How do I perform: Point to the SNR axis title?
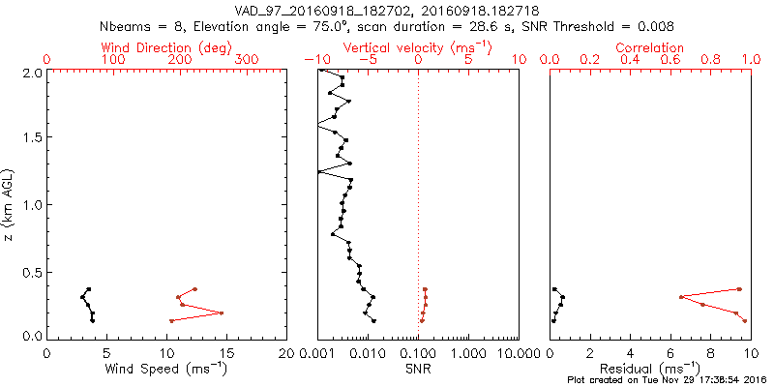click(x=418, y=369)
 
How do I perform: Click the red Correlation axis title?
click(x=650, y=47)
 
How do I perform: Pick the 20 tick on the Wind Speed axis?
click(x=285, y=352)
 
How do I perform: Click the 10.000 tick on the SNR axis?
click(x=519, y=352)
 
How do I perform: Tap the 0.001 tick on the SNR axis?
click(x=317, y=352)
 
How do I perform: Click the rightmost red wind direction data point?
click(x=221, y=313)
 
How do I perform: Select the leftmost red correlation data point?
click(x=681, y=297)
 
